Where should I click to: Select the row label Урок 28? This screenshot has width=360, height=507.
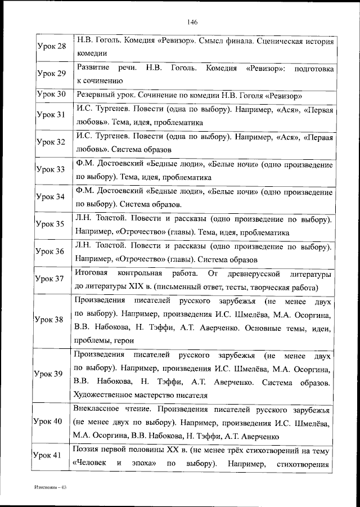[x=51, y=46]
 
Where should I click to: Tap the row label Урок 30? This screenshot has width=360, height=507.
[x=51, y=94]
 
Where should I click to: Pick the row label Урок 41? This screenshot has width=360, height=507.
[x=50, y=457]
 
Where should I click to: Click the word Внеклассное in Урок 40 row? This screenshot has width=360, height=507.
[x=97, y=408]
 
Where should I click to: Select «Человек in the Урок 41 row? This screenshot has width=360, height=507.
[x=89, y=465]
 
